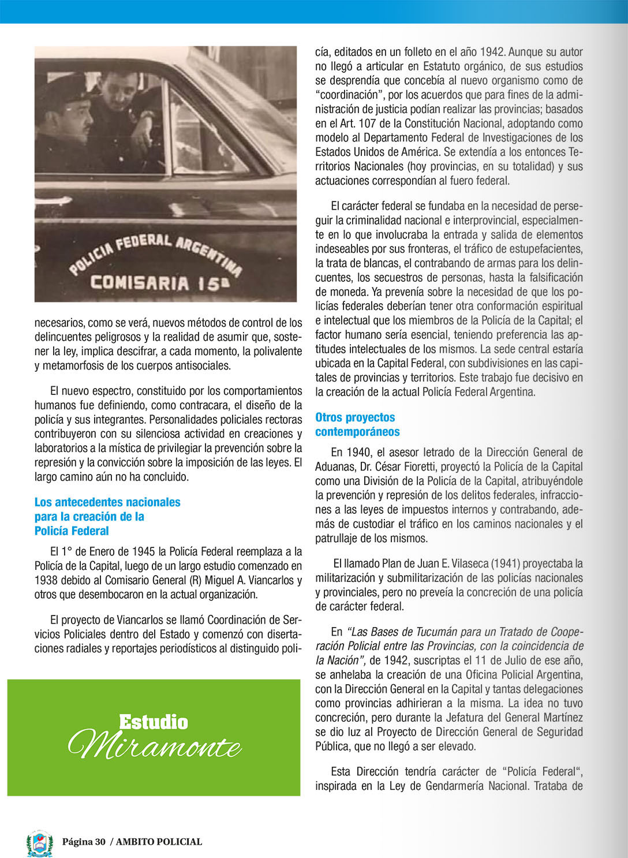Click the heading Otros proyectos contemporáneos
(357, 424)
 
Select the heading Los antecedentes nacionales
(107, 502)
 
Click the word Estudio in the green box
(154, 722)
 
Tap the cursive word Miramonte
(155, 745)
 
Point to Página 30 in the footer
(84, 842)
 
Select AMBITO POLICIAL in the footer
(159, 842)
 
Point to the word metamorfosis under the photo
(72, 365)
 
